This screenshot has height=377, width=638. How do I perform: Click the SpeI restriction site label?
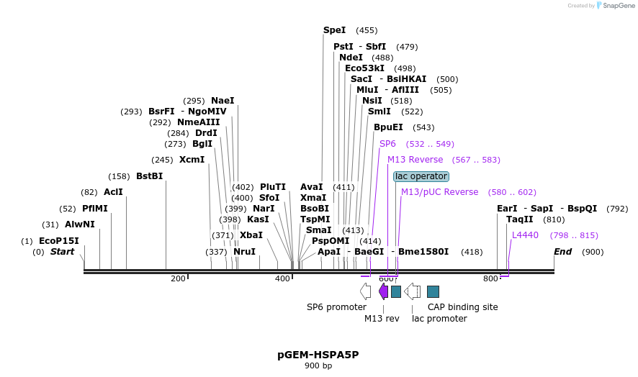click(x=334, y=30)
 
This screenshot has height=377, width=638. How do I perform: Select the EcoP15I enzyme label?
click(x=58, y=241)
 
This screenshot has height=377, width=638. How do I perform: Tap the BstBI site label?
click(x=149, y=176)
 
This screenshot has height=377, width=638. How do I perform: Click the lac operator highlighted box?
click(x=421, y=176)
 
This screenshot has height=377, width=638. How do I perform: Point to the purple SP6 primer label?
click(x=387, y=144)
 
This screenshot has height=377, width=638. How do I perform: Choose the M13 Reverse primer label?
click(x=415, y=160)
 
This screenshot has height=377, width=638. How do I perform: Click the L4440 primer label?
click(x=525, y=235)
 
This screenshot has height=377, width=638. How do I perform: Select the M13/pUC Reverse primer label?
click(x=439, y=192)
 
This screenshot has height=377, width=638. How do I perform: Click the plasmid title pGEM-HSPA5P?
click(x=318, y=355)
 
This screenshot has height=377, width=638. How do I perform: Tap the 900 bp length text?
click(x=318, y=366)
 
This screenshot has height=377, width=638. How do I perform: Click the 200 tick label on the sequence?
click(x=178, y=278)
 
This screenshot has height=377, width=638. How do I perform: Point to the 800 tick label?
click(x=490, y=278)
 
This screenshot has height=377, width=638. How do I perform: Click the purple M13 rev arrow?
click(x=383, y=291)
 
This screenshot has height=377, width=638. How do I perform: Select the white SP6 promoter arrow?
click(x=366, y=291)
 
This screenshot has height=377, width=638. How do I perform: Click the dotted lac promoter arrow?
click(x=413, y=291)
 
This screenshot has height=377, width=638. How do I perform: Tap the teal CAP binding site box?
click(x=433, y=291)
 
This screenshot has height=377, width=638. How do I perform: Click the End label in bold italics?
click(x=562, y=252)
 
